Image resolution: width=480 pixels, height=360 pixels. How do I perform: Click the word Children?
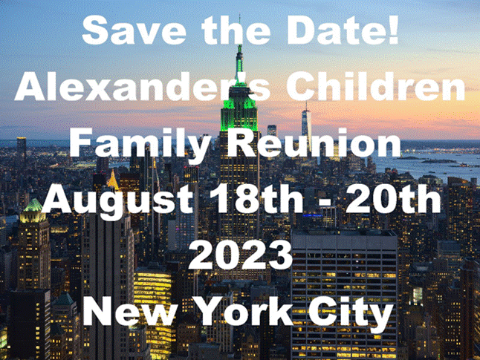pos(376,86)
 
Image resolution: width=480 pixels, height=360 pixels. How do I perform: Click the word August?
pos(117,201)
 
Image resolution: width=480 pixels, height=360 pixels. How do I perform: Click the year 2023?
pos(240,255)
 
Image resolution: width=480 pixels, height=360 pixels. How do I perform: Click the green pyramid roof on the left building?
pos(33,205)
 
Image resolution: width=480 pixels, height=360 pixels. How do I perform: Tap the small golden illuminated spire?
pos(113,180)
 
